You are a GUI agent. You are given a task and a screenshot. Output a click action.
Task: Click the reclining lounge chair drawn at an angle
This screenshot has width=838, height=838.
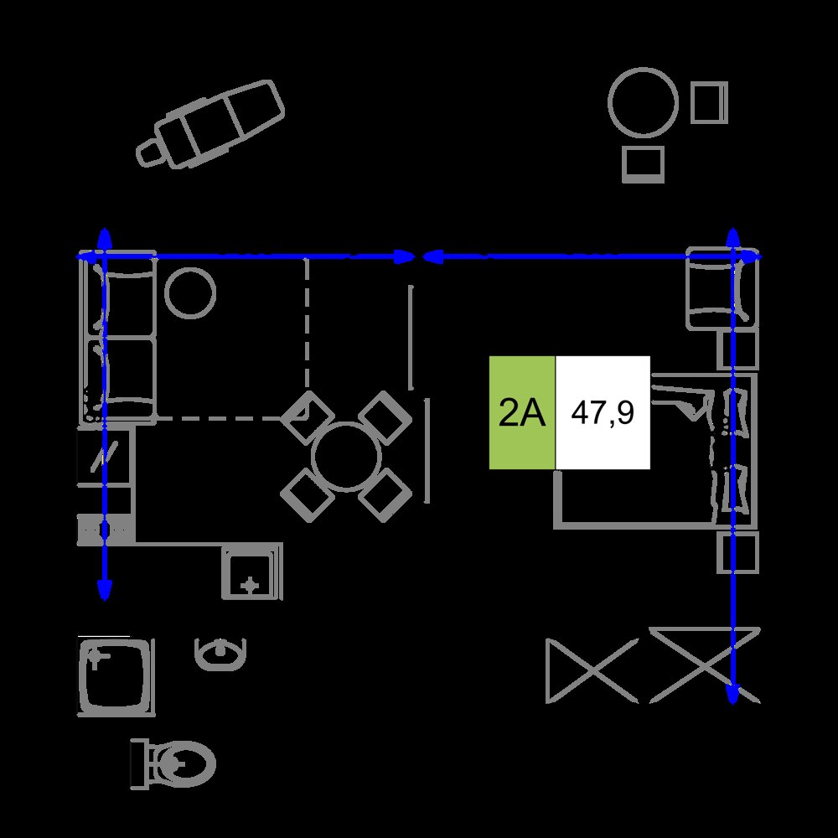(210, 125)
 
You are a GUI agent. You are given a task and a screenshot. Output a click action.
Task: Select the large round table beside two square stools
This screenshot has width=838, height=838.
(643, 102)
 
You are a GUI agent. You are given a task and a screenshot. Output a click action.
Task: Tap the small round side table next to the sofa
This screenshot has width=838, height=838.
(189, 292)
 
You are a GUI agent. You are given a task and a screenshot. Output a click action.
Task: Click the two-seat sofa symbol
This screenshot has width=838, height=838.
(118, 338)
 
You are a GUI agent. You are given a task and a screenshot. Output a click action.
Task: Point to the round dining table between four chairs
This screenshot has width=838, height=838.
(346, 457)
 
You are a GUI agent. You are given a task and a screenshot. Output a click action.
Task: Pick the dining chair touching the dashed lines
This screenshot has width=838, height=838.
(308, 417)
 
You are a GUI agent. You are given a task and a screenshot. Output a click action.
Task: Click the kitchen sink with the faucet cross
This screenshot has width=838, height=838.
(252, 572)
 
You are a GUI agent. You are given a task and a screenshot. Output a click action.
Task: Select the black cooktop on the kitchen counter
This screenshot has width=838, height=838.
(104, 456)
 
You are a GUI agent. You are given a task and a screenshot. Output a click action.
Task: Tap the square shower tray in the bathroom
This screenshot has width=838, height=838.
(116, 676)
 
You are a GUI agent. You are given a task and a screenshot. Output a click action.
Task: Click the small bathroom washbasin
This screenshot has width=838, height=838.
(220, 654)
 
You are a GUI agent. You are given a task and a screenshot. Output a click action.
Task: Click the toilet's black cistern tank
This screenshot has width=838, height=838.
(139, 764)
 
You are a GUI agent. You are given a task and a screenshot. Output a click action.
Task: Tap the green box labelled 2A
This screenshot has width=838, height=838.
(522, 412)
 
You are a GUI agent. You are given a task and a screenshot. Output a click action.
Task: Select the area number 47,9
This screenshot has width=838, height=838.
(603, 412)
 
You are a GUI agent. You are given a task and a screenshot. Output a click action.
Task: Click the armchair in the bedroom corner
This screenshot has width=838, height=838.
(722, 288)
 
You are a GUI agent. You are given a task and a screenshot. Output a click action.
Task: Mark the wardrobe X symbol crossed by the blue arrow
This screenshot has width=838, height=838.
(705, 665)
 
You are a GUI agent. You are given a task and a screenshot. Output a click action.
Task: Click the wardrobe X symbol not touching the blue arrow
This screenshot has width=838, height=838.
(592, 670)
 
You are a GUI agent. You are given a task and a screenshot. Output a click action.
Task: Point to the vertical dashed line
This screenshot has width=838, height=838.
(307, 323)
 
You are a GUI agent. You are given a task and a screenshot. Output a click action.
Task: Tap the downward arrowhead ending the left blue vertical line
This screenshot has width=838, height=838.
(104, 588)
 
